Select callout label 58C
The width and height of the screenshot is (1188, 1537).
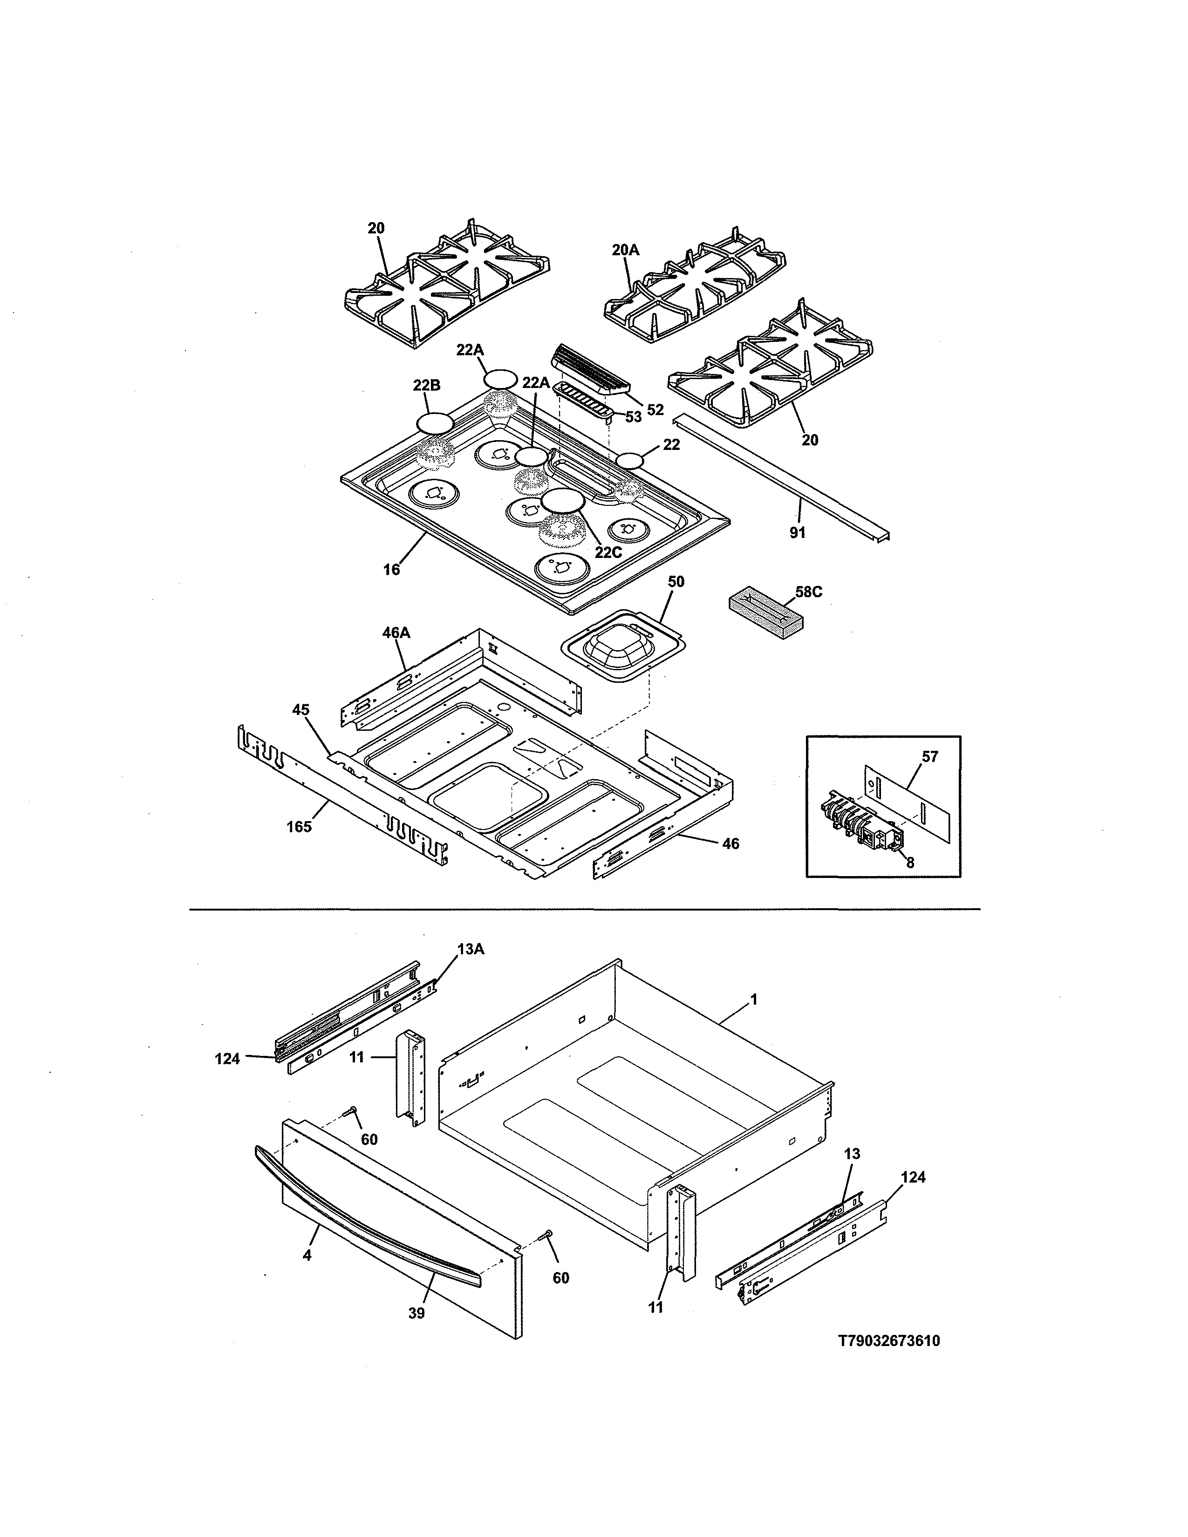pos(809,592)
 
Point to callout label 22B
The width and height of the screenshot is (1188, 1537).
pos(426,386)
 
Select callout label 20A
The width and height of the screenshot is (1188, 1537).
pos(625,250)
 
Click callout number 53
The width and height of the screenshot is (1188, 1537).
pos(634,417)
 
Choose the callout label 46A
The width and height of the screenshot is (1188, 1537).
pos(396,633)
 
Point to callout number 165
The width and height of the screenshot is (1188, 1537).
pos(299,827)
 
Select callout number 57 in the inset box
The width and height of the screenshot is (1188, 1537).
pos(930,757)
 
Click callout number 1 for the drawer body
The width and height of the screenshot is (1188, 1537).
pos(754,1000)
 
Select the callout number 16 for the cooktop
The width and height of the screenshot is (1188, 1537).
pos(391,570)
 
